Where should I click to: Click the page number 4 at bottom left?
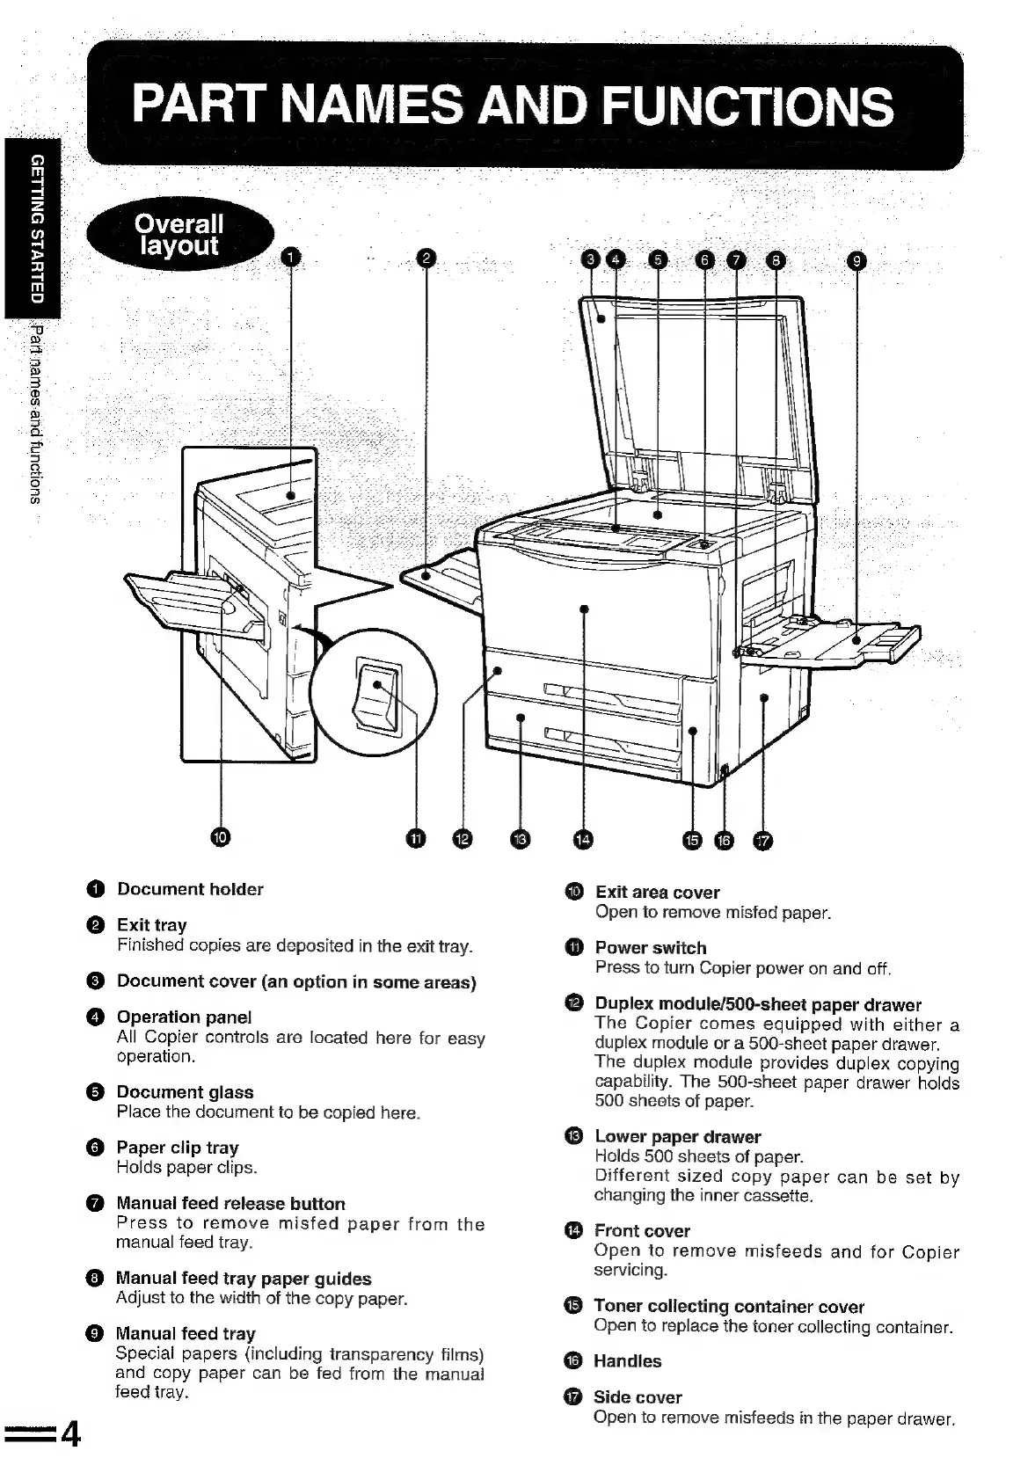pyautogui.click(x=70, y=1435)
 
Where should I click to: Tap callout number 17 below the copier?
pyautogui.click(x=762, y=842)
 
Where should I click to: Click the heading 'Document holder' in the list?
pyautogui.click(x=190, y=889)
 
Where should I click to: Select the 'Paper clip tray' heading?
pyautogui.click(x=178, y=1148)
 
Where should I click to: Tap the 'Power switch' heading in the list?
pyautogui.click(x=651, y=948)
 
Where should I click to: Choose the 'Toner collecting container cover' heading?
pyautogui.click(x=729, y=1306)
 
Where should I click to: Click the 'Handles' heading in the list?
pyautogui.click(x=627, y=1361)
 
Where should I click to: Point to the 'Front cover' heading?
pyautogui.click(x=642, y=1231)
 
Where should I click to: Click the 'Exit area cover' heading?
pyautogui.click(x=657, y=893)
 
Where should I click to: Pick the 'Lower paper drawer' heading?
pyautogui.click(x=677, y=1137)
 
